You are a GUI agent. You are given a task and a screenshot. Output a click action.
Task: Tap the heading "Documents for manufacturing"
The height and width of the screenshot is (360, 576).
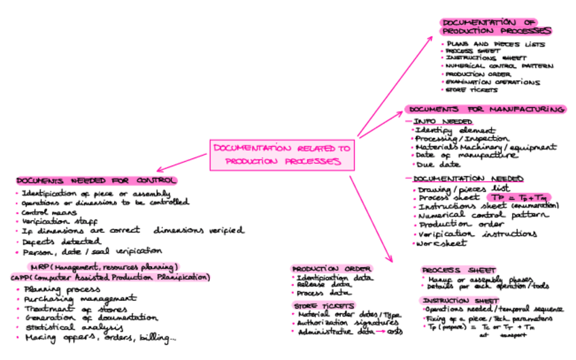coord(486,109)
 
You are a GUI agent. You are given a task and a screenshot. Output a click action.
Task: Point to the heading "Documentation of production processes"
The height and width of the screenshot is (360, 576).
coord(495,26)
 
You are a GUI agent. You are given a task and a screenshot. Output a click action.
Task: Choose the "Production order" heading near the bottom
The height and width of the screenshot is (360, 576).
coord(323,269)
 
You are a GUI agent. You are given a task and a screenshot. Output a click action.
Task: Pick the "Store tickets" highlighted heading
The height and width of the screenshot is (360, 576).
coord(317,306)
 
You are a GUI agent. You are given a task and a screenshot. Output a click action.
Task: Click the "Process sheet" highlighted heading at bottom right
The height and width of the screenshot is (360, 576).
coord(458,270)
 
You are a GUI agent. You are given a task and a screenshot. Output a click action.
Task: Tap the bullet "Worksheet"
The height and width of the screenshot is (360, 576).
coord(442,243)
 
